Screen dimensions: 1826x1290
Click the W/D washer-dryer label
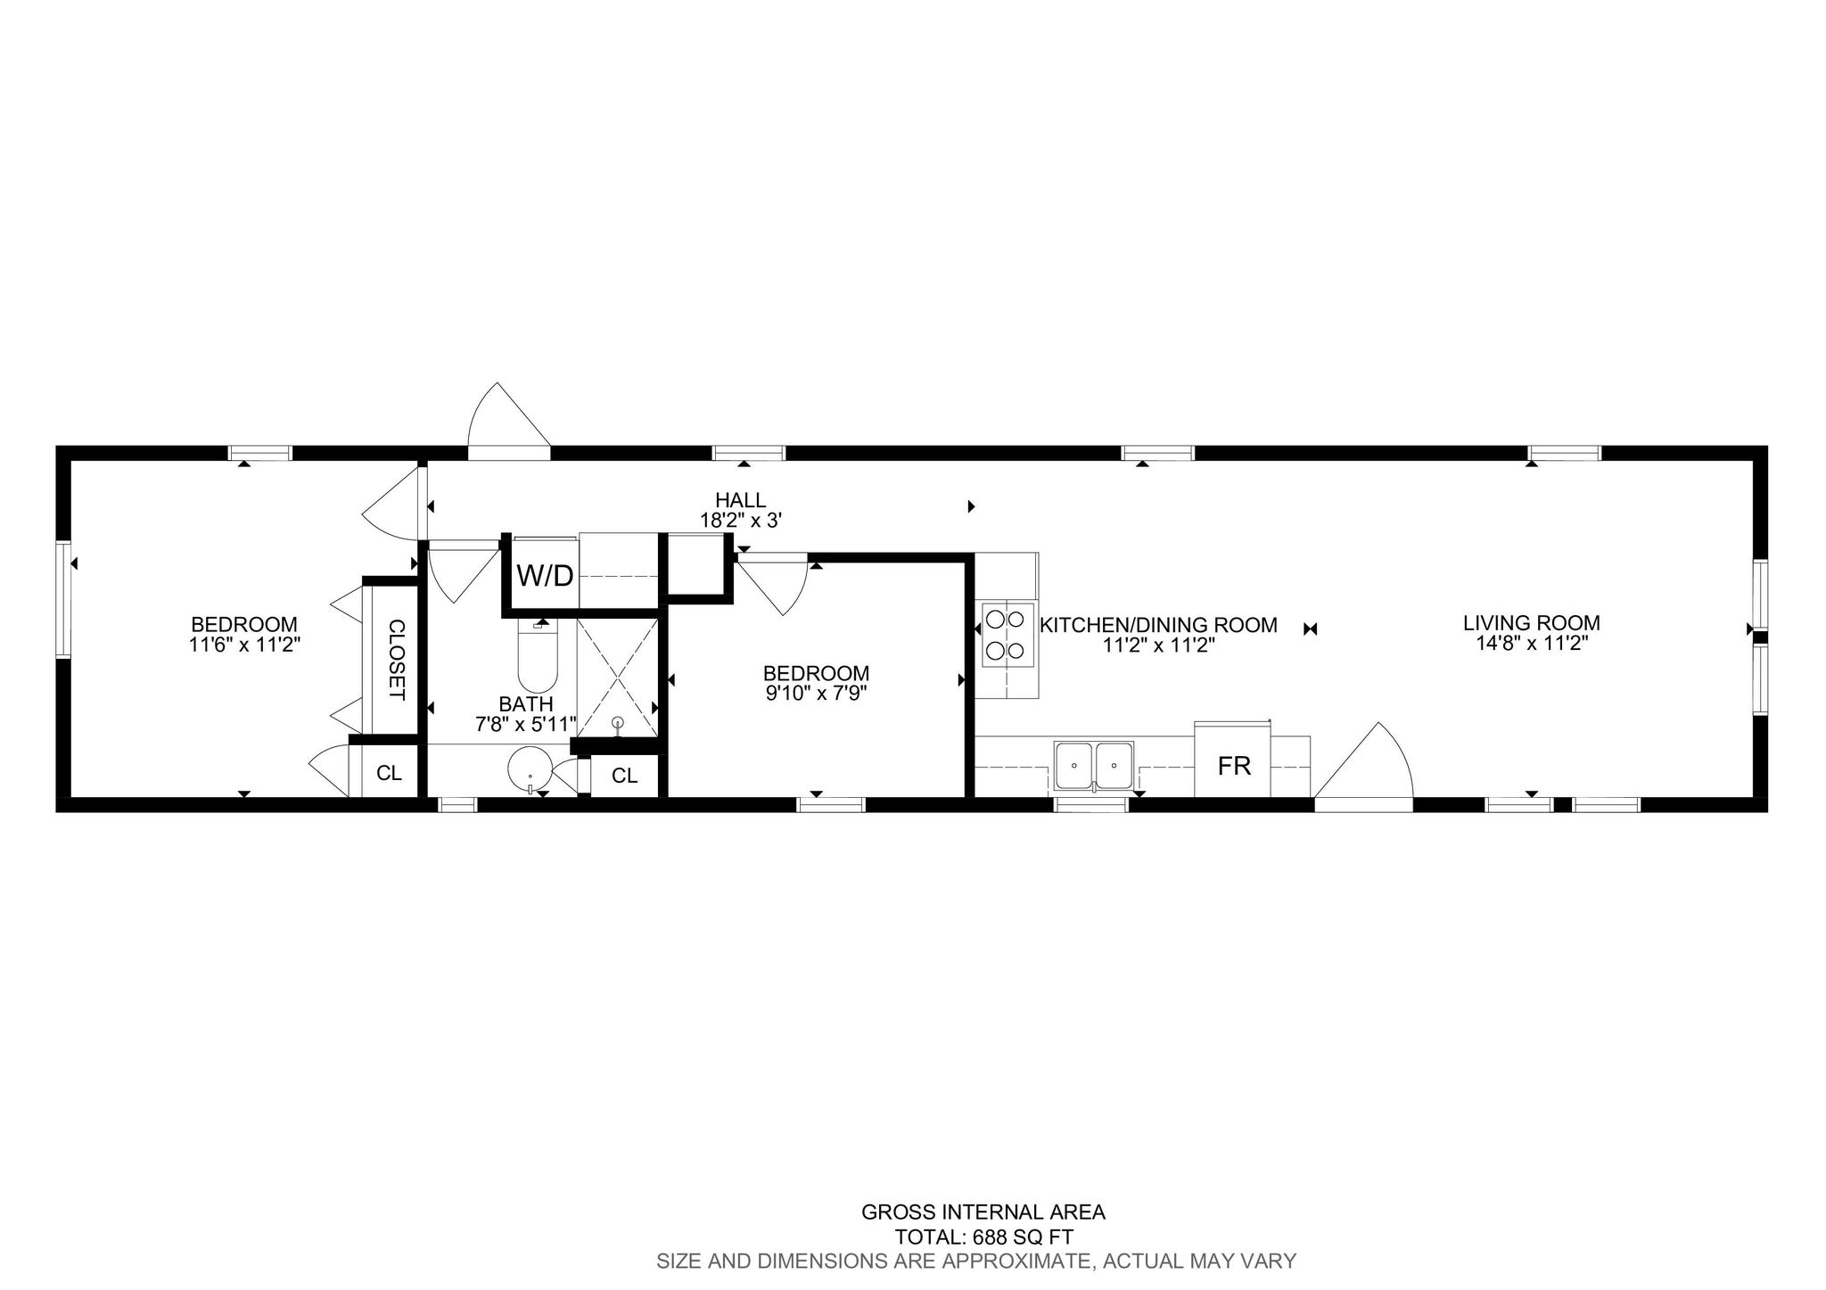545,576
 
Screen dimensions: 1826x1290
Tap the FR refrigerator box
1234,760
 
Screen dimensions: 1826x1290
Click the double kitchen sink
1093,765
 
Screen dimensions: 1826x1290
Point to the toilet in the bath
538,655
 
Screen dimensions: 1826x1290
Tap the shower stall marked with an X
618,677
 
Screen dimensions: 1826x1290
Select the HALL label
740,500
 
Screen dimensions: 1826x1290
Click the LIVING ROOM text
1531,623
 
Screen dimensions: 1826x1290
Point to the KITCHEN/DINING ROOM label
1159,625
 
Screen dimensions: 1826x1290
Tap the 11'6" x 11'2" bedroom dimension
244,644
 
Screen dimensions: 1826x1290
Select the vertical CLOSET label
397,660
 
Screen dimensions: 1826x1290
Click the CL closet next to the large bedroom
389,773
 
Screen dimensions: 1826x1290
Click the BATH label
526,704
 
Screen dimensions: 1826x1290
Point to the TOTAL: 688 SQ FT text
984,1237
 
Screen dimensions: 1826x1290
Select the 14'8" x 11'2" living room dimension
1532,643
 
